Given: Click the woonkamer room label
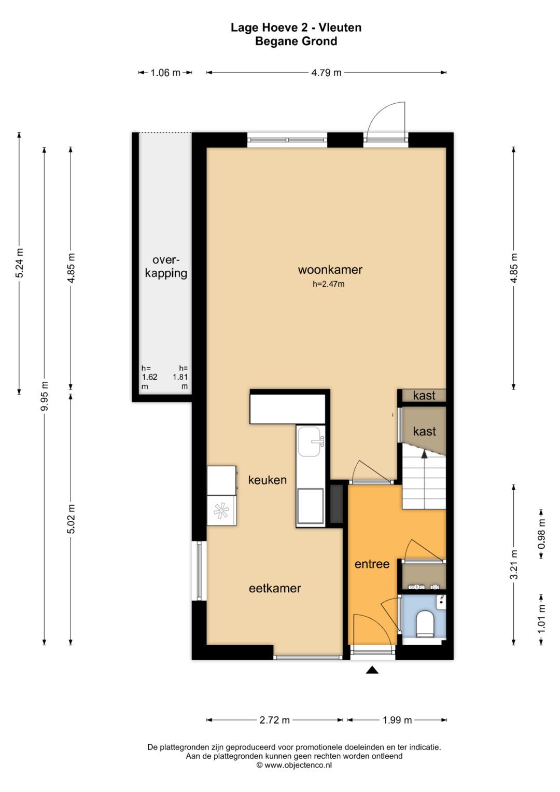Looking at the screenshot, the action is (x=330, y=270).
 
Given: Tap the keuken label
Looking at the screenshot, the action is (x=267, y=480).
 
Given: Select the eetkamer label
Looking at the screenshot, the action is (x=275, y=588).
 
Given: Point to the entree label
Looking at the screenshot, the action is (x=372, y=564).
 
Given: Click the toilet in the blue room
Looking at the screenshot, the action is (x=425, y=624).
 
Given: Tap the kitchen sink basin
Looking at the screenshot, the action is (x=310, y=441).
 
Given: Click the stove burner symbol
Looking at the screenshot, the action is (x=221, y=510).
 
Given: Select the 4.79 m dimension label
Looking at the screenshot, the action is (x=326, y=73).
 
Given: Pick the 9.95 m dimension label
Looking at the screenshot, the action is (x=44, y=396).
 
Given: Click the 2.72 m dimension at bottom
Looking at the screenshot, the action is (x=275, y=720).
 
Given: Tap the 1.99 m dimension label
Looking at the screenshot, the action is (x=397, y=720).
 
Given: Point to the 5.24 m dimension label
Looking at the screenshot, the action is (x=20, y=263).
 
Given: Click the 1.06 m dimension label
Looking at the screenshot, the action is (x=165, y=73).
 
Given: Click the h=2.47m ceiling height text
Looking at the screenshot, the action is (x=328, y=284).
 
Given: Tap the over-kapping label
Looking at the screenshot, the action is (x=166, y=267).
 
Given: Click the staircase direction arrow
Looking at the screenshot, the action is (x=424, y=455).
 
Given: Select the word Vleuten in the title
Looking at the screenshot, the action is (x=341, y=27).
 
